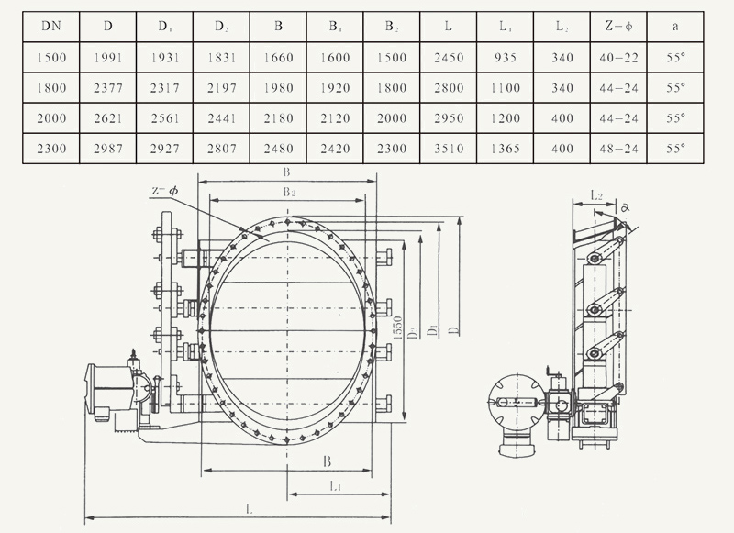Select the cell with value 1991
tap(108, 58)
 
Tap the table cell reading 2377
tap(108, 88)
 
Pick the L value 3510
tap(447, 149)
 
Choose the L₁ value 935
tap(505, 58)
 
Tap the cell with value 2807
tap(221, 149)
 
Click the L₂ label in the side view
tap(596, 195)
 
